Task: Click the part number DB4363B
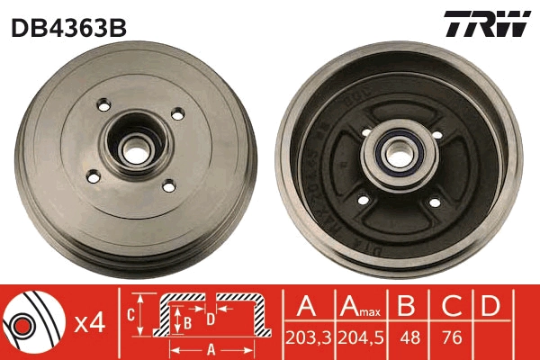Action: point(68,27)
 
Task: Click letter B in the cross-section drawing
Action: point(187,319)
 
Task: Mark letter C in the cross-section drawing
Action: point(130,315)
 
